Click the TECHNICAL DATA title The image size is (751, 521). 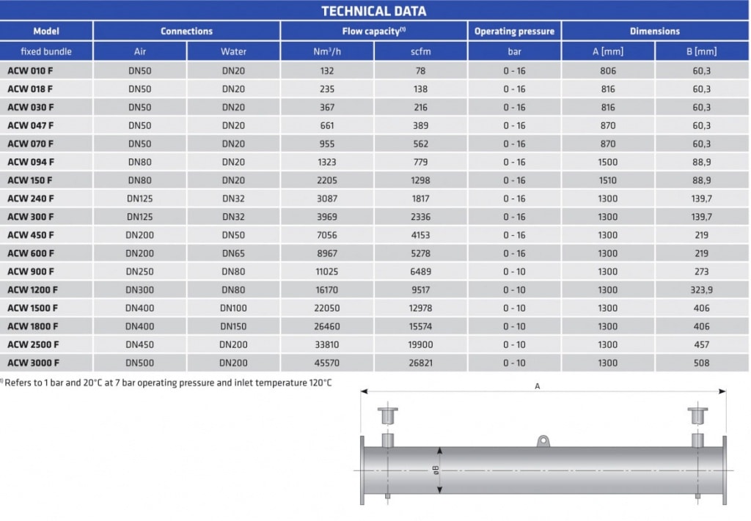point(374,10)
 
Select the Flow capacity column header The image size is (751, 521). point(373,31)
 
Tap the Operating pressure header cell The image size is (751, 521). point(514,31)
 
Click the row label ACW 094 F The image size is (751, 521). point(31,162)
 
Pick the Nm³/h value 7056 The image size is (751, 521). point(327,235)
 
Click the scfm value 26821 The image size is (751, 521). point(421,363)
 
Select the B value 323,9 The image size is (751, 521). point(702,290)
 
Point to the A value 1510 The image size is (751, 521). point(608,180)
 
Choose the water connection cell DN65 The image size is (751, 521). point(233,254)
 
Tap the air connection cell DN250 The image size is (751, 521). point(139,272)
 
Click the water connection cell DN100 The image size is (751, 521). point(233,308)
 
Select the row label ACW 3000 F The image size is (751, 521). point(34,363)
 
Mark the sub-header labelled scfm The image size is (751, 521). point(421,51)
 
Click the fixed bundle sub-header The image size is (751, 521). point(46,51)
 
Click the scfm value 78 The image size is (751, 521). point(421,71)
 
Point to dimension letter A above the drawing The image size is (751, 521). point(538,385)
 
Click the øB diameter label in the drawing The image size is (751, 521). point(435,470)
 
